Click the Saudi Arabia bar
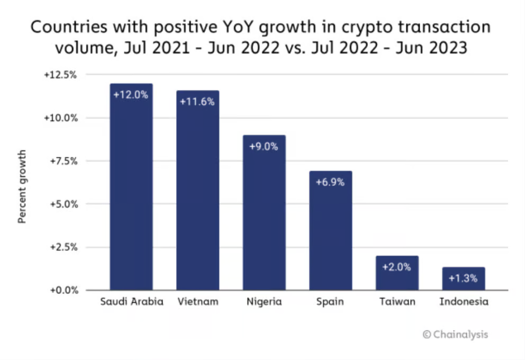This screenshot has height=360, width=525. point(131,196)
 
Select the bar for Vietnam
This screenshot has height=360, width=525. point(197,201)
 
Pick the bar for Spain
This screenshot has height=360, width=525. point(330,238)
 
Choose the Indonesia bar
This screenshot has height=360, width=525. point(463,283)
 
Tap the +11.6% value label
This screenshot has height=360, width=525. point(197,102)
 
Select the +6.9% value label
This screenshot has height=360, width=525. point(330,182)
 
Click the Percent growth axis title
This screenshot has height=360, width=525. point(22,186)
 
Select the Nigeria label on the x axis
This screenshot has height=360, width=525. point(264,302)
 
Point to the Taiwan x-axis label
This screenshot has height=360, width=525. point(397,302)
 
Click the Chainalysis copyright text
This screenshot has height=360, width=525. point(455,334)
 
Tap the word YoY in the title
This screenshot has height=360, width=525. point(232,28)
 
